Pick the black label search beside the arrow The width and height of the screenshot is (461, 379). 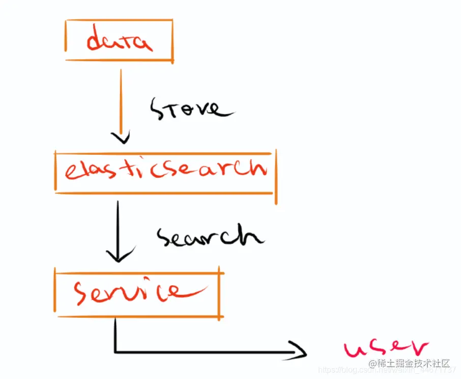coord(209,236)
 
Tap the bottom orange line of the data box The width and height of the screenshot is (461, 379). coord(120,60)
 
